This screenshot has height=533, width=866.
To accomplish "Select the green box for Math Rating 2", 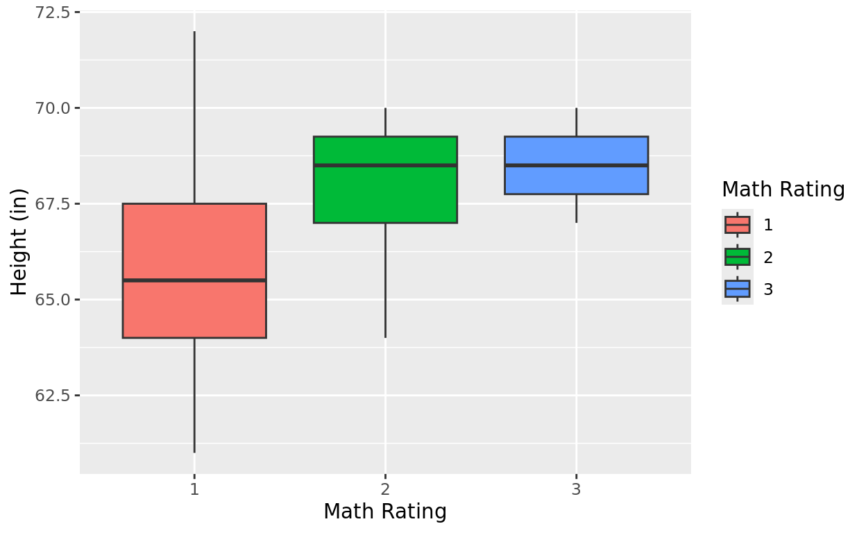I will (385, 194).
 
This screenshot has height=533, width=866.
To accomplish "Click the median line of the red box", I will (194, 280).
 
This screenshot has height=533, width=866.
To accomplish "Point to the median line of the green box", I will (385, 165).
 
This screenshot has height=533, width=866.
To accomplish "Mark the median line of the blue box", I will (576, 165).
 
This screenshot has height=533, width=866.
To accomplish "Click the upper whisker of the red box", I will (194, 118).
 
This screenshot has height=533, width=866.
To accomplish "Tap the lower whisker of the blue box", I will (576, 208).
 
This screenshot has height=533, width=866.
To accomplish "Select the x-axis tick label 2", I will (385, 489).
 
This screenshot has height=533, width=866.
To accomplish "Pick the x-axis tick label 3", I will (576, 489).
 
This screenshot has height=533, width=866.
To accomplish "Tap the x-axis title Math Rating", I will (385, 512).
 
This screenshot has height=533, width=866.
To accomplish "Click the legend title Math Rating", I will (783, 189).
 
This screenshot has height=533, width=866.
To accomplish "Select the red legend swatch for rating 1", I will (737, 225).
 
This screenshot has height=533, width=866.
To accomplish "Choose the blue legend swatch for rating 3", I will (737, 289).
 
